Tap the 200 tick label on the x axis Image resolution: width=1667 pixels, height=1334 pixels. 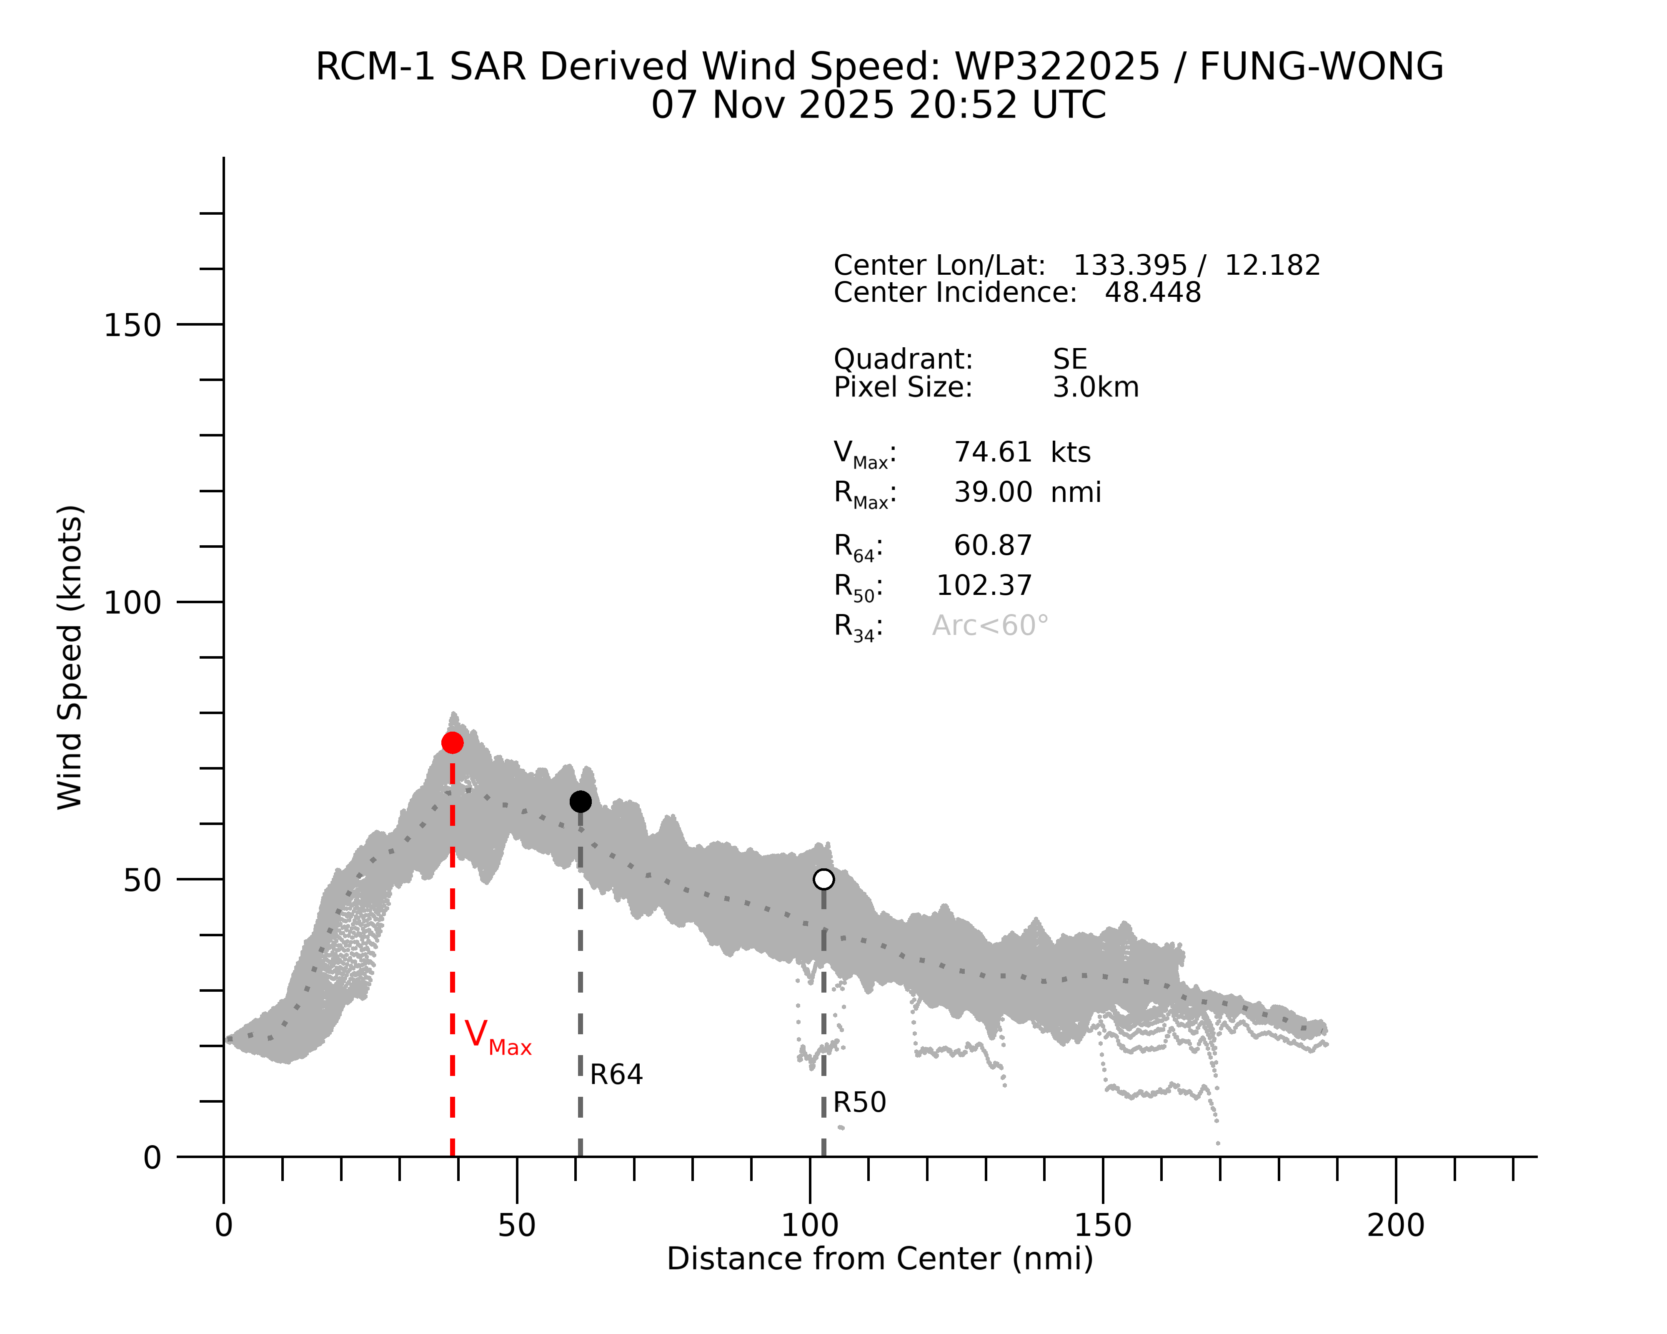[1396, 1226]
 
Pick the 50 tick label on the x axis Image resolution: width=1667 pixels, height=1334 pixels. [516, 1226]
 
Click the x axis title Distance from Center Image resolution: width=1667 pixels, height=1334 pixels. [880, 1259]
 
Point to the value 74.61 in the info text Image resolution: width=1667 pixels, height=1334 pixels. [993, 452]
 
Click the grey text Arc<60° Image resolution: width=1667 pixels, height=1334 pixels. [991, 626]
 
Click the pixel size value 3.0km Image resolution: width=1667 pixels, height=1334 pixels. [1096, 387]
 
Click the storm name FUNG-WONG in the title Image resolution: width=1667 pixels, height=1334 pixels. [1321, 67]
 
